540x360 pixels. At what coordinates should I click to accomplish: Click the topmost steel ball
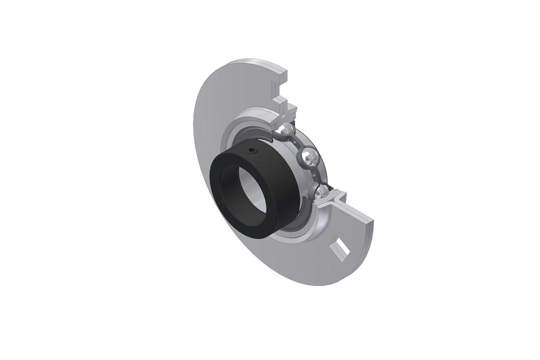[x=286, y=131]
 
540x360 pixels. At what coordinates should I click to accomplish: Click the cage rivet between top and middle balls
[x=298, y=142]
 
